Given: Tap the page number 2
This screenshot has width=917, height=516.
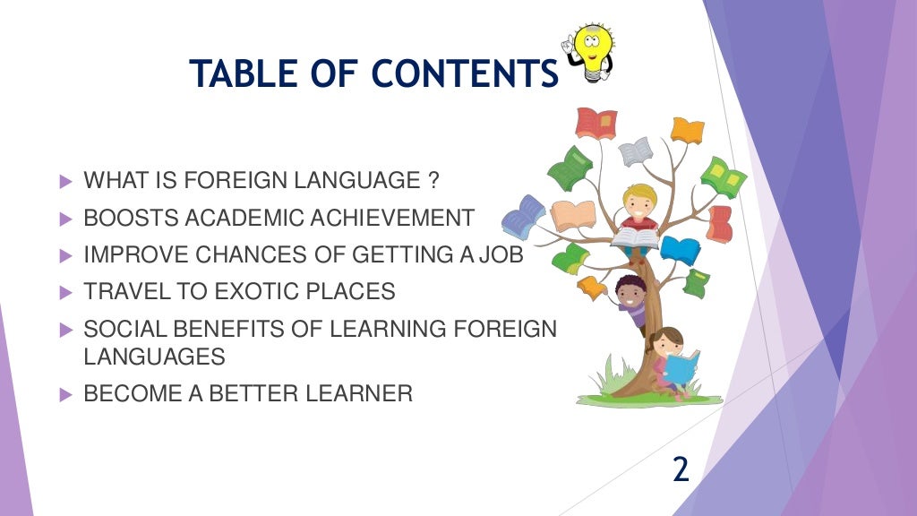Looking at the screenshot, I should pos(681,469).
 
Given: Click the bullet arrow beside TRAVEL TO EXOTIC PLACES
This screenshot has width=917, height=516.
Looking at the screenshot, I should pos(64,292).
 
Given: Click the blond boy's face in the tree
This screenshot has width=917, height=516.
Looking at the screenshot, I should pos(639,202).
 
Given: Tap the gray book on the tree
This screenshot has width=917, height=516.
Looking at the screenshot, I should pos(635,150).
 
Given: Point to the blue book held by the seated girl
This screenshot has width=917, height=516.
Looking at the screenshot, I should pos(681,367).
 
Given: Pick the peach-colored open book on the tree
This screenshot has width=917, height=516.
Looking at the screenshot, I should pos(573,215).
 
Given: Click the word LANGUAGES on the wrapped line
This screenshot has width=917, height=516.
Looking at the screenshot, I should pos(154,357).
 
